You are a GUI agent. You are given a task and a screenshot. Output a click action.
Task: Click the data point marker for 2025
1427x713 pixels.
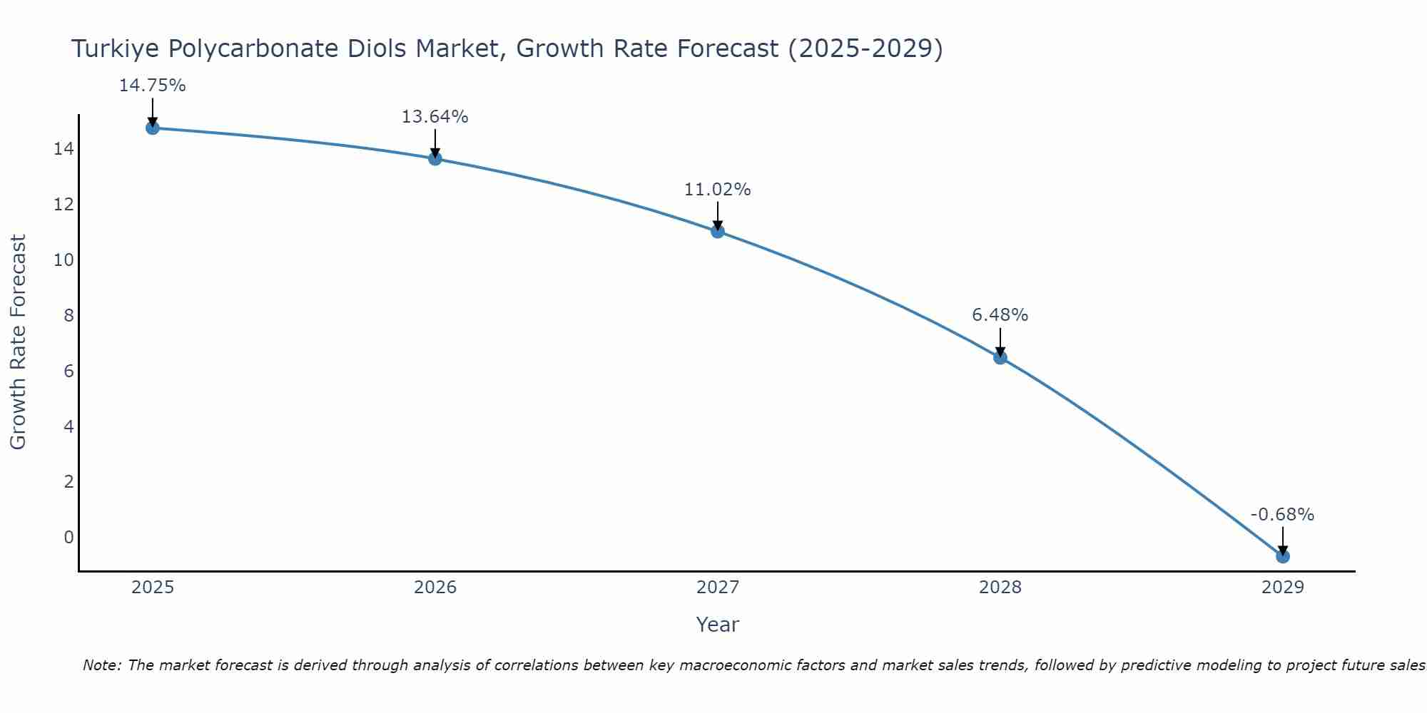(x=153, y=128)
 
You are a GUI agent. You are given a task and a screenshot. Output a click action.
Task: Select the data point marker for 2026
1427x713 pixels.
(x=435, y=158)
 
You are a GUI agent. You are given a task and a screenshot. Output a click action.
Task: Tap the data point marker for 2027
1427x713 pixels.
(x=718, y=231)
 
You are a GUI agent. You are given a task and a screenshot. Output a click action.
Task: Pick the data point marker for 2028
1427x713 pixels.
(x=1000, y=357)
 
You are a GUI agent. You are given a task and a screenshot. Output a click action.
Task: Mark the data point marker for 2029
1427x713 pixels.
(x=1283, y=556)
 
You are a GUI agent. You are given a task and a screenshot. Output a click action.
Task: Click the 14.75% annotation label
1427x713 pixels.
(x=152, y=86)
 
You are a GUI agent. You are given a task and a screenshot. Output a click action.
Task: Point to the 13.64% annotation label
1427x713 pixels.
(x=435, y=117)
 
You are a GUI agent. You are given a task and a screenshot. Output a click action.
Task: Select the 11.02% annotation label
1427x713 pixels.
(x=717, y=190)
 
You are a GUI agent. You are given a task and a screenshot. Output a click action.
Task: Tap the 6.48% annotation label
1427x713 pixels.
(x=1000, y=315)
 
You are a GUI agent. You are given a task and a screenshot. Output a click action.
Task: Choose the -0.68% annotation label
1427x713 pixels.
(x=1282, y=515)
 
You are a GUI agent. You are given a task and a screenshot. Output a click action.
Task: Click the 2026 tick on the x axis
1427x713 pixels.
(x=435, y=588)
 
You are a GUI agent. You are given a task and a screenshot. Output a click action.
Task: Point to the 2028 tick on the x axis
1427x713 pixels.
(x=1000, y=588)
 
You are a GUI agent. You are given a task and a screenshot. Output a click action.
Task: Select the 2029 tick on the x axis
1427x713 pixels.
(x=1283, y=588)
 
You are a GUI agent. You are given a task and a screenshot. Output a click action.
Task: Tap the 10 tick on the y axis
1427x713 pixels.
(x=64, y=260)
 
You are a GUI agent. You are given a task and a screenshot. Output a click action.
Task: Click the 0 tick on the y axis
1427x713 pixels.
(x=68, y=538)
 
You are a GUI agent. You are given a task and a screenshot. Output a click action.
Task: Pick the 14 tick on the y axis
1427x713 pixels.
(x=64, y=149)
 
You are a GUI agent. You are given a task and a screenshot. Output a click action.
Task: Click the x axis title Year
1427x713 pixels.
(x=717, y=625)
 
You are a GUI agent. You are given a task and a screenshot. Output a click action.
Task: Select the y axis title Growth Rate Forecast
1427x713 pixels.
(x=18, y=342)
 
